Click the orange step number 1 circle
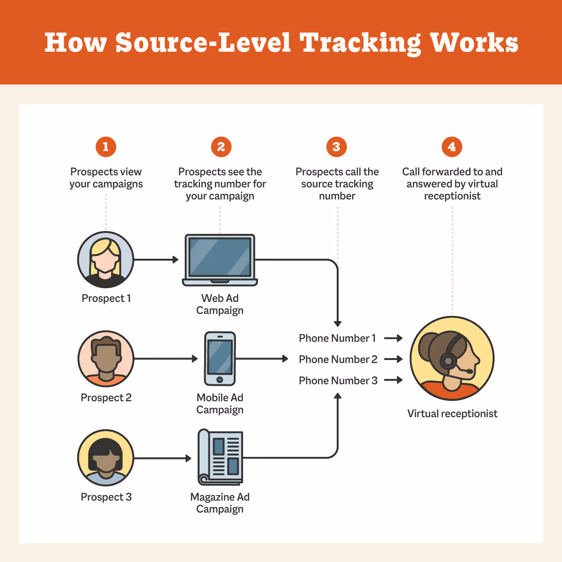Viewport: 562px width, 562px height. coord(106,147)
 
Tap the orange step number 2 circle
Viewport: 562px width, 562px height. coord(221,147)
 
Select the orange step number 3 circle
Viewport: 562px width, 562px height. coord(336,147)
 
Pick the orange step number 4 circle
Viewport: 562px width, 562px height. coord(452,147)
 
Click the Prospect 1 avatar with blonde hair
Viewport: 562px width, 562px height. coord(106,260)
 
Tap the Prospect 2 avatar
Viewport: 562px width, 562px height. coord(106,359)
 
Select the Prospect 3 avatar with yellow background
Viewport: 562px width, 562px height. coord(106,458)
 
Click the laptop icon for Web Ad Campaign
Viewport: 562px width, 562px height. coord(220,260)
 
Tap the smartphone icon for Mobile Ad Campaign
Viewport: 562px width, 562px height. coord(220,359)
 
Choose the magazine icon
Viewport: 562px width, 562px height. coord(220,457)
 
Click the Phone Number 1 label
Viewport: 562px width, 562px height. coord(337,338)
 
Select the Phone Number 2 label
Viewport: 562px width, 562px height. coord(338,360)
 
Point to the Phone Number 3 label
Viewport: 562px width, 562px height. coord(338,381)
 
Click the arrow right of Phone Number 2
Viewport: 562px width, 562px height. coord(393,360)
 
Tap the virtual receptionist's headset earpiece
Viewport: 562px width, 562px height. coord(448,361)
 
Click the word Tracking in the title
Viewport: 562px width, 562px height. coord(360,43)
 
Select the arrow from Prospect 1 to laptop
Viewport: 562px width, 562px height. coord(156,260)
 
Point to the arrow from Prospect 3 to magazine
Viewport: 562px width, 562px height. coord(163,458)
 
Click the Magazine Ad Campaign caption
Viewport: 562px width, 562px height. coord(220,503)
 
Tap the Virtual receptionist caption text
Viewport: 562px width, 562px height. coord(452,414)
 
